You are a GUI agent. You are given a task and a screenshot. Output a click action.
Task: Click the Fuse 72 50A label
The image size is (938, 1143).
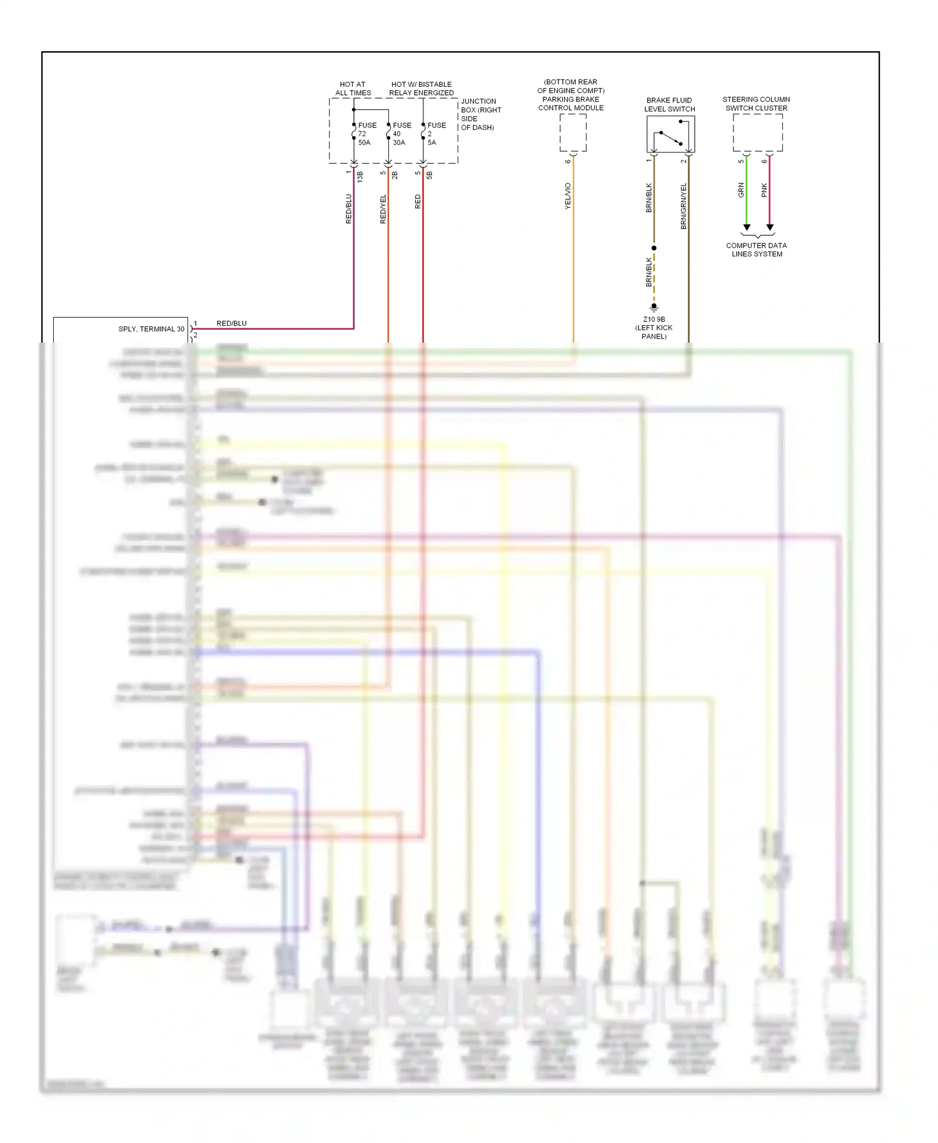point(366,134)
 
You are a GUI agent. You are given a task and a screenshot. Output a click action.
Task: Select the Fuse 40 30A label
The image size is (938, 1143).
point(401,134)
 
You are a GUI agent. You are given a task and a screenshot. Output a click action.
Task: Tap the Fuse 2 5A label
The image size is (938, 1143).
point(436,134)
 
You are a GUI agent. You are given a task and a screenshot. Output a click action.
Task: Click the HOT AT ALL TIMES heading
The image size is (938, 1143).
point(353,88)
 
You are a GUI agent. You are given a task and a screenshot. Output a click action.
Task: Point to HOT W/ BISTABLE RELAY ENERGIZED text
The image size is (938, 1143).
point(421,88)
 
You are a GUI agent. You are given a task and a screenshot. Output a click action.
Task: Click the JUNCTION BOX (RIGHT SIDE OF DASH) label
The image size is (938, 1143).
point(480,114)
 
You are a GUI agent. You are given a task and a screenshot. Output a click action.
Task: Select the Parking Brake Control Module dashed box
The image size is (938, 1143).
point(573,133)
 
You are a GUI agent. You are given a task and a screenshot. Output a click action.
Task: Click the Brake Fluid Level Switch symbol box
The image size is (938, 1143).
point(670,134)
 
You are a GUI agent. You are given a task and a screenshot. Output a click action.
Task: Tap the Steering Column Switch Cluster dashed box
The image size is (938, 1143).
point(757,133)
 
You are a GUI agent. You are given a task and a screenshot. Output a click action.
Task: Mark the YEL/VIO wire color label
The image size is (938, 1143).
point(568,196)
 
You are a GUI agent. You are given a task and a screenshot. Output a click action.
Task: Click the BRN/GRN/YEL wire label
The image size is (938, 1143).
point(683,206)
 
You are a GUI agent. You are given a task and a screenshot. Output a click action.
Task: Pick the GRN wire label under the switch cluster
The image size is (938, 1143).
point(741,190)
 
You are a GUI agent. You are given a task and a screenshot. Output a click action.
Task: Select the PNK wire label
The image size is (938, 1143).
point(764,190)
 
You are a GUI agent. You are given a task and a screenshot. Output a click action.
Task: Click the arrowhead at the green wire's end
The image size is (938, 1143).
point(747,228)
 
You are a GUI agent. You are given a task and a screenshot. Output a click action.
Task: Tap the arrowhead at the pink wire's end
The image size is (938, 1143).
point(770,228)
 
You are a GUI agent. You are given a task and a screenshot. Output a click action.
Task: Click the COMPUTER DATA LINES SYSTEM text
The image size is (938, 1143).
point(757,249)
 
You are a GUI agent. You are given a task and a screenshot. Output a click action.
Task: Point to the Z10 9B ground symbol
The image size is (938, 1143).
point(654,308)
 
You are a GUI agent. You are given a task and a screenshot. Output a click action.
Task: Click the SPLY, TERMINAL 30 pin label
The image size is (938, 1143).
point(151,329)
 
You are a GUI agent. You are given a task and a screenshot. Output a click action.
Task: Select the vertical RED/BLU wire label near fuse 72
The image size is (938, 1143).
point(348,209)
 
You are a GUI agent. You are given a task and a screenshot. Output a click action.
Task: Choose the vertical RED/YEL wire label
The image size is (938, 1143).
point(383,209)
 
